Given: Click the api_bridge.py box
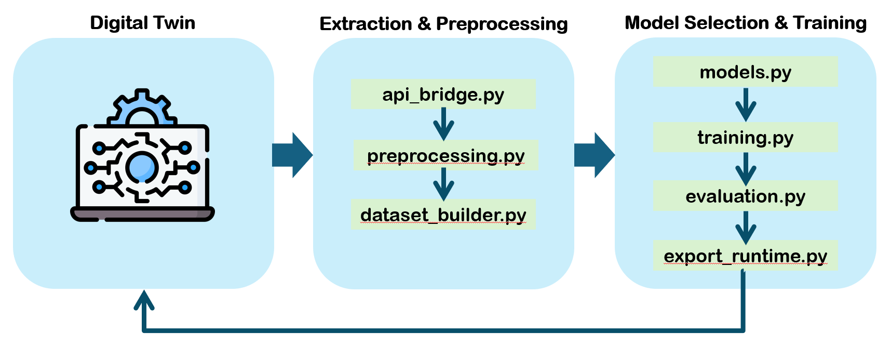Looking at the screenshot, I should pyautogui.click(x=443, y=94).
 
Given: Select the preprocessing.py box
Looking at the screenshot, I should pyautogui.click(x=446, y=155).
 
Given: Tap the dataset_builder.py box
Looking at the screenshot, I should pyautogui.click(x=443, y=215).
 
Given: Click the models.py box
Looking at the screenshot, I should pyautogui.click(x=745, y=72).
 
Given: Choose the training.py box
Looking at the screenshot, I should pyautogui.click(x=745, y=138).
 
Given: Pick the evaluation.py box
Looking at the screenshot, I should pyautogui.click(x=745, y=196).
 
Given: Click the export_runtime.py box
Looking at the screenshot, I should pyautogui.click(x=745, y=256).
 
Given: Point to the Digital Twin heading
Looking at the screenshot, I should pyautogui.click(x=142, y=23).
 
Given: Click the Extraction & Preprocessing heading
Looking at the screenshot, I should pyautogui.click(x=443, y=24).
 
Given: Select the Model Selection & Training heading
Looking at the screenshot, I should pyautogui.click(x=746, y=23).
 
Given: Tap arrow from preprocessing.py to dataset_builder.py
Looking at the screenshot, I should pyautogui.click(x=443, y=184).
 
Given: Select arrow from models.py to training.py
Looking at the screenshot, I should pyautogui.click(x=746, y=105).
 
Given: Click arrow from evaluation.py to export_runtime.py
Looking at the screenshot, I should pyautogui.click(x=746, y=227).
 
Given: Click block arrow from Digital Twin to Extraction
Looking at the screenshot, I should pyautogui.click(x=292, y=155).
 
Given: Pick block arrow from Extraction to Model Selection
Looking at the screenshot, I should pyautogui.click(x=595, y=155).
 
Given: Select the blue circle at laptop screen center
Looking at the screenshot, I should pyautogui.click(x=141, y=167).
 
